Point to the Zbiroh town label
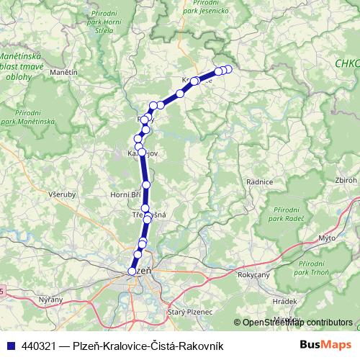pos(345,180)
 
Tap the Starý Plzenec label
pos(190,311)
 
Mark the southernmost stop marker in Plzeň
pos(132,271)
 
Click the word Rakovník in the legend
pos(201,346)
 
